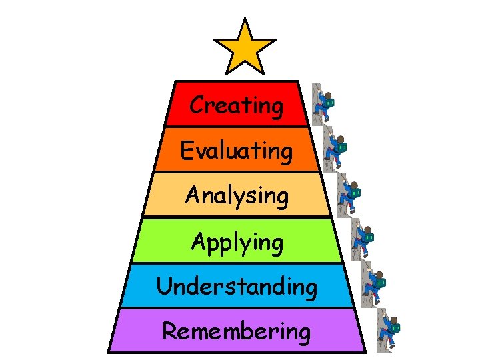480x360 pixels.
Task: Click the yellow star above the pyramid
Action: [x=245, y=47]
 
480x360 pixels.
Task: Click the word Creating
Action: [x=237, y=105]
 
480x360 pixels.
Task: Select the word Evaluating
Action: [x=237, y=151]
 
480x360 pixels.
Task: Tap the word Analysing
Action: [x=237, y=196]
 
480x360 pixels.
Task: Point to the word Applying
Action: [x=237, y=241]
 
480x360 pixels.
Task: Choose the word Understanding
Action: [x=237, y=287]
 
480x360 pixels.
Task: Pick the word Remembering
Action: [x=237, y=331]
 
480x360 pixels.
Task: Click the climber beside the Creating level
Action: [x=323, y=103]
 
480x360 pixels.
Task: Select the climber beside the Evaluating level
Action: [x=334, y=148]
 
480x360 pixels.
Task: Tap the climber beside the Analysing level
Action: [x=347, y=194]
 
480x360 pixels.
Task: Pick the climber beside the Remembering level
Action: [x=387, y=329]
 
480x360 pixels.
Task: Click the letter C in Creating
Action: [x=197, y=105]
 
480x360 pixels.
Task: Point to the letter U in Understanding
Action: [x=164, y=287]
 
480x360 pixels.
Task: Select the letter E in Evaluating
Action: [x=187, y=151]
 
